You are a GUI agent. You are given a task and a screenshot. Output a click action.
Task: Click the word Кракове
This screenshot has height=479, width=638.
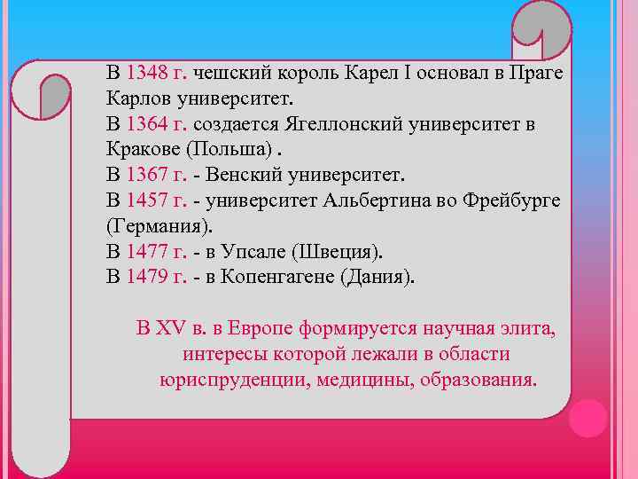pos(142,148)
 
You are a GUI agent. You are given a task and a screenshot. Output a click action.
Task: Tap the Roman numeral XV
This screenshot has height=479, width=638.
pos(172,329)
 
